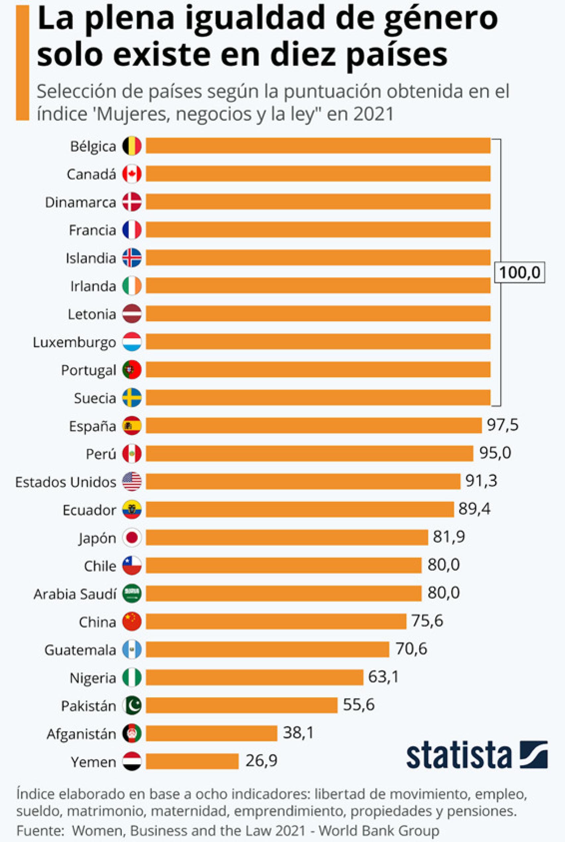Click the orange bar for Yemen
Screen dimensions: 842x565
coord(192,761)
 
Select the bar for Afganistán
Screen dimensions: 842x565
coord(212,733)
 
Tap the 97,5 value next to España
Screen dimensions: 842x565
coord(503,425)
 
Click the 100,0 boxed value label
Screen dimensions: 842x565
coord(519,273)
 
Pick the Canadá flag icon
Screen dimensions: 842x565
coord(132,174)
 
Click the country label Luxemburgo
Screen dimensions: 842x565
coord(75,342)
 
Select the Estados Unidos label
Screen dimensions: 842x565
coord(66,482)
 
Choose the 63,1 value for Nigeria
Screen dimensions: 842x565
coord(384,677)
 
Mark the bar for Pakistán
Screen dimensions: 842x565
coord(241,705)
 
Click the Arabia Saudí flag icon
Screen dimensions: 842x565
coord(132,593)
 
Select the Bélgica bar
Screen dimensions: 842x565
coord(318,146)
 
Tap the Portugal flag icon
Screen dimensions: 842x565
coord(132,370)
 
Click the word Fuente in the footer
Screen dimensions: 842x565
coord(40,831)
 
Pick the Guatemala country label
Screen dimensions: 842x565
coord(80,650)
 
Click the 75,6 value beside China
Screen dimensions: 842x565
coord(427,621)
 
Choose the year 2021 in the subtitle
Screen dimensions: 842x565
coord(373,114)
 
